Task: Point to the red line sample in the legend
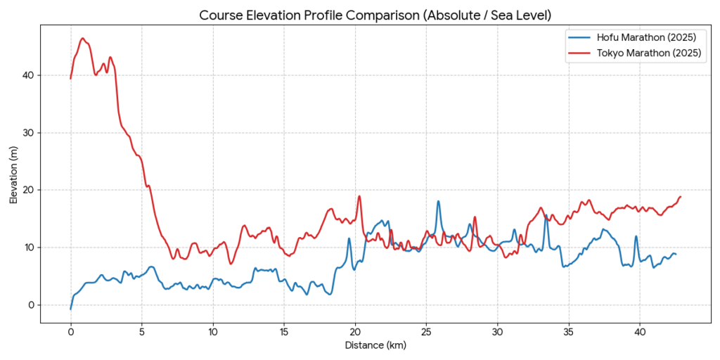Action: pos(580,53)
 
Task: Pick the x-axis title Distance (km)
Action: pos(375,345)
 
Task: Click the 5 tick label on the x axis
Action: pos(142,331)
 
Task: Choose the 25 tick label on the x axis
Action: pos(426,331)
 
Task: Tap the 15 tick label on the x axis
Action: pos(284,331)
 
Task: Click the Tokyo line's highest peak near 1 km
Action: pos(82,38)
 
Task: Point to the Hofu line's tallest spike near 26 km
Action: pos(439,201)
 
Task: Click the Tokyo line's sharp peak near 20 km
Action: pos(359,196)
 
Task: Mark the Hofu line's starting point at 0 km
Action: pos(70,309)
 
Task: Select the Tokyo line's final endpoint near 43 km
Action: pos(681,197)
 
